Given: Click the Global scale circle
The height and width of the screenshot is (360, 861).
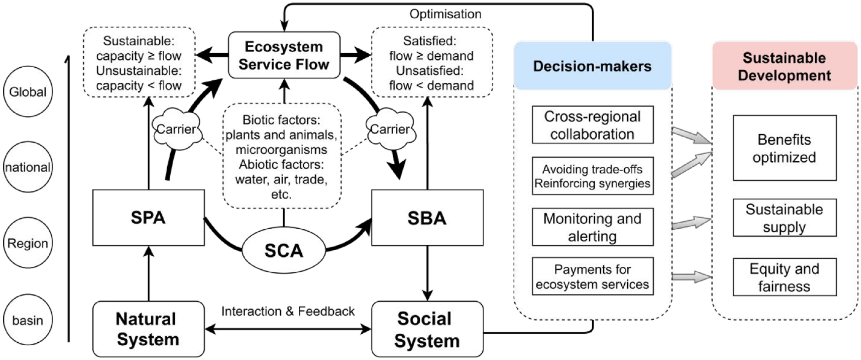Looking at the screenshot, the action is point(28,92).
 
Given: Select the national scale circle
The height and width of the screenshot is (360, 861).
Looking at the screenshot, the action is point(28,167).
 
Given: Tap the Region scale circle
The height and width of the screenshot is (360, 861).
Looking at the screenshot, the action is point(28,243).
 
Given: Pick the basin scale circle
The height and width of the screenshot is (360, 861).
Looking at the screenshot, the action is point(28,320).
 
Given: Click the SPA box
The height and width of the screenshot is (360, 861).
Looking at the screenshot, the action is point(148,217).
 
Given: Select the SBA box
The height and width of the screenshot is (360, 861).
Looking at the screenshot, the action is point(427,217).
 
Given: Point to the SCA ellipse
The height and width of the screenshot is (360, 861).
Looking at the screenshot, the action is point(284,251).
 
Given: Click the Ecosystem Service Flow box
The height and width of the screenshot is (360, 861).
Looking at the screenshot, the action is point(284,55).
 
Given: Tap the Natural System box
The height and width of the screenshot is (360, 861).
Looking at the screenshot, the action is point(148,329).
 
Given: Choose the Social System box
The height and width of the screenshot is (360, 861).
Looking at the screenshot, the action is point(427,329).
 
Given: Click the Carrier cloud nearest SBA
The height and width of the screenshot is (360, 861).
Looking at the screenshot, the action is point(390,129).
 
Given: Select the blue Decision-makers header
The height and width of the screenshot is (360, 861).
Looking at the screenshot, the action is point(593,66).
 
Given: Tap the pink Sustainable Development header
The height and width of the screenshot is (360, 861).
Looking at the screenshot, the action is point(785,66).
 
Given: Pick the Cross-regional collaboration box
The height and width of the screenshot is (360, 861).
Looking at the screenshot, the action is point(593,125).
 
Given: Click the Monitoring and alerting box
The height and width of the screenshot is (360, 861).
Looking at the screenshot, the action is point(593,227).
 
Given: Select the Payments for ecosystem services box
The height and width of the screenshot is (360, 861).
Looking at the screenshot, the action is point(593,276).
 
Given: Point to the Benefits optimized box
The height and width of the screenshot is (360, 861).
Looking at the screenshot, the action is point(785,148).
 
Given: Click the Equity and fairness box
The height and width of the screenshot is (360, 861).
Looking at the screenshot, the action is point(785,277).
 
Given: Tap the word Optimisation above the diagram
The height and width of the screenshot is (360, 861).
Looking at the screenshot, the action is point(445,14).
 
